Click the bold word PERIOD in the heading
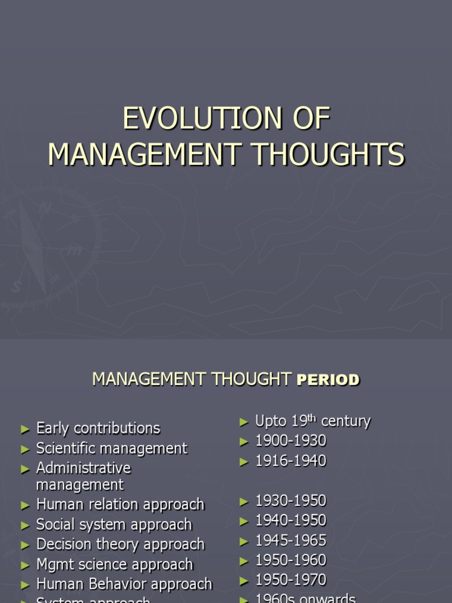(328, 380)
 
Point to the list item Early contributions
(98, 428)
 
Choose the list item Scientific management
(111, 448)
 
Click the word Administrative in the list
(83, 468)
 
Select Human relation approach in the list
(120, 505)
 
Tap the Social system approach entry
(114, 525)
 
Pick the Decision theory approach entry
(120, 545)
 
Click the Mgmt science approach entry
(114, 565)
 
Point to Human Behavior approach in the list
(124, 585)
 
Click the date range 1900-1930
(291, 441)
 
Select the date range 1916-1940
(291, 461)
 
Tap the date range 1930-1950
(291, 501)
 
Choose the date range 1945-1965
(291, 541)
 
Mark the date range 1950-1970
(291, 580)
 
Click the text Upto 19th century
(313, 421)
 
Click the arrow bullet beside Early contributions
(25, 429)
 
